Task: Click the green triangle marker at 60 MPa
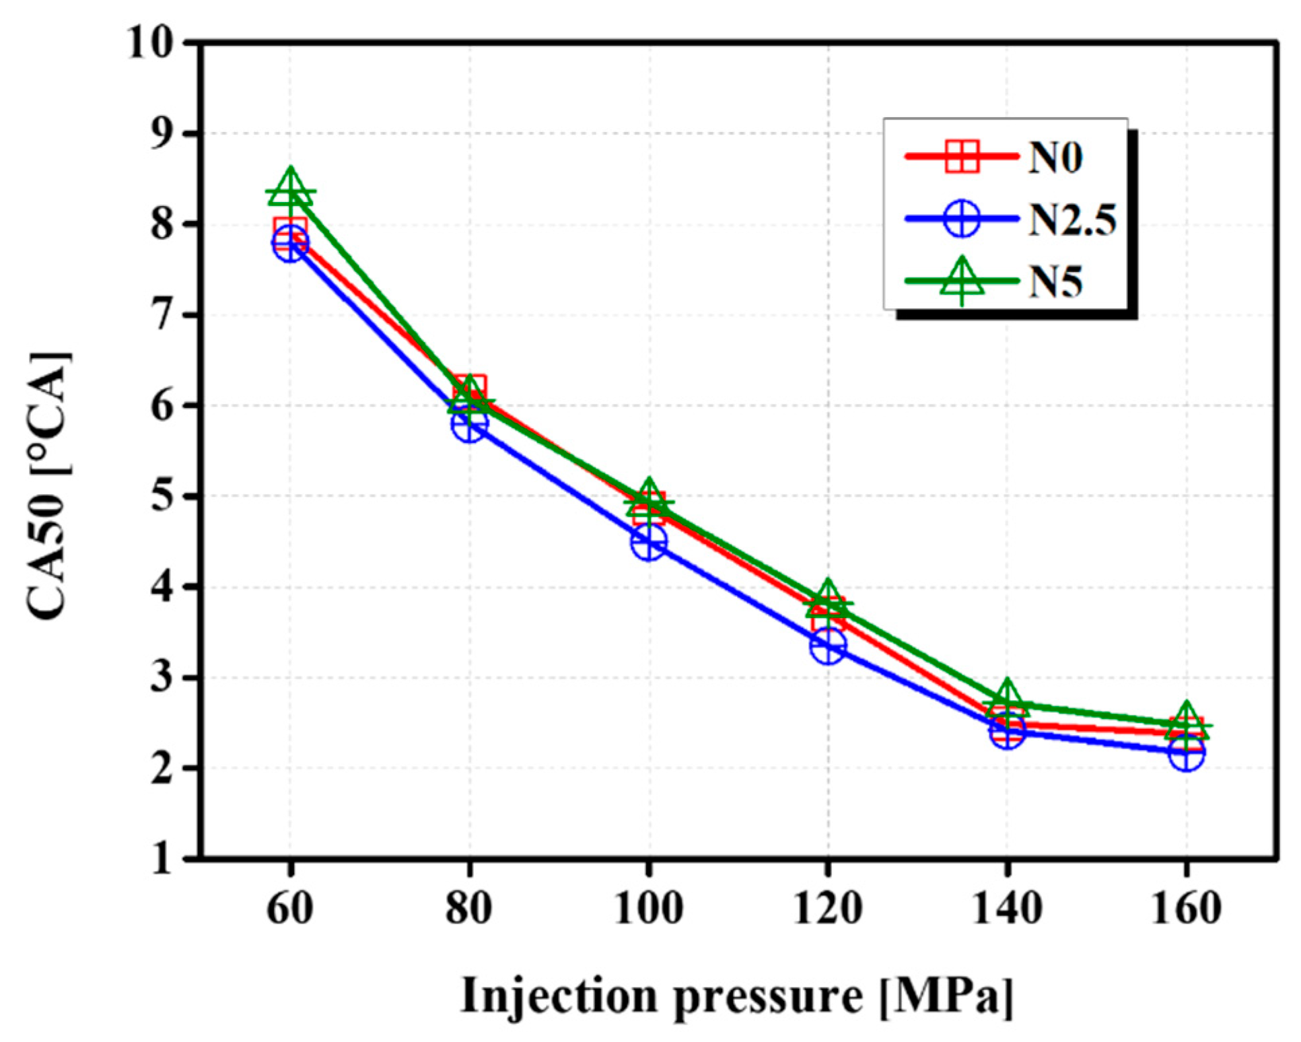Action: pyautogui.click(x=290, y=189)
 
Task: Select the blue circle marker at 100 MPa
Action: pyautogui.click(x=649, y=542)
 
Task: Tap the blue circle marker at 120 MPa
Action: pyautogui.click(x=829, y=646)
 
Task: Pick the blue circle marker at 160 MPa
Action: pyautogui.click(x=1187, y=755)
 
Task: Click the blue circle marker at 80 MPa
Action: pyautogui.click(x=470, y=425)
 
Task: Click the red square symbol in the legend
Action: pyautogui.click(x=962, y=157)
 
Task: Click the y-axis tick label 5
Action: pyautogui.click(x=162, y=496)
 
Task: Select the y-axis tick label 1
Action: pyautogui.click(x=162, y=859)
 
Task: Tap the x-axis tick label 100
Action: pyautogui.click(x=649, y=908)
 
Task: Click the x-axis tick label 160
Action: pyautogui.click(x=1187, y=908)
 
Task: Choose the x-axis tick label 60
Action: pyautogui.click(x=290, y=908)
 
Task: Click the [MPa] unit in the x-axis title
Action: pyautogui.click(x=946, y=996)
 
